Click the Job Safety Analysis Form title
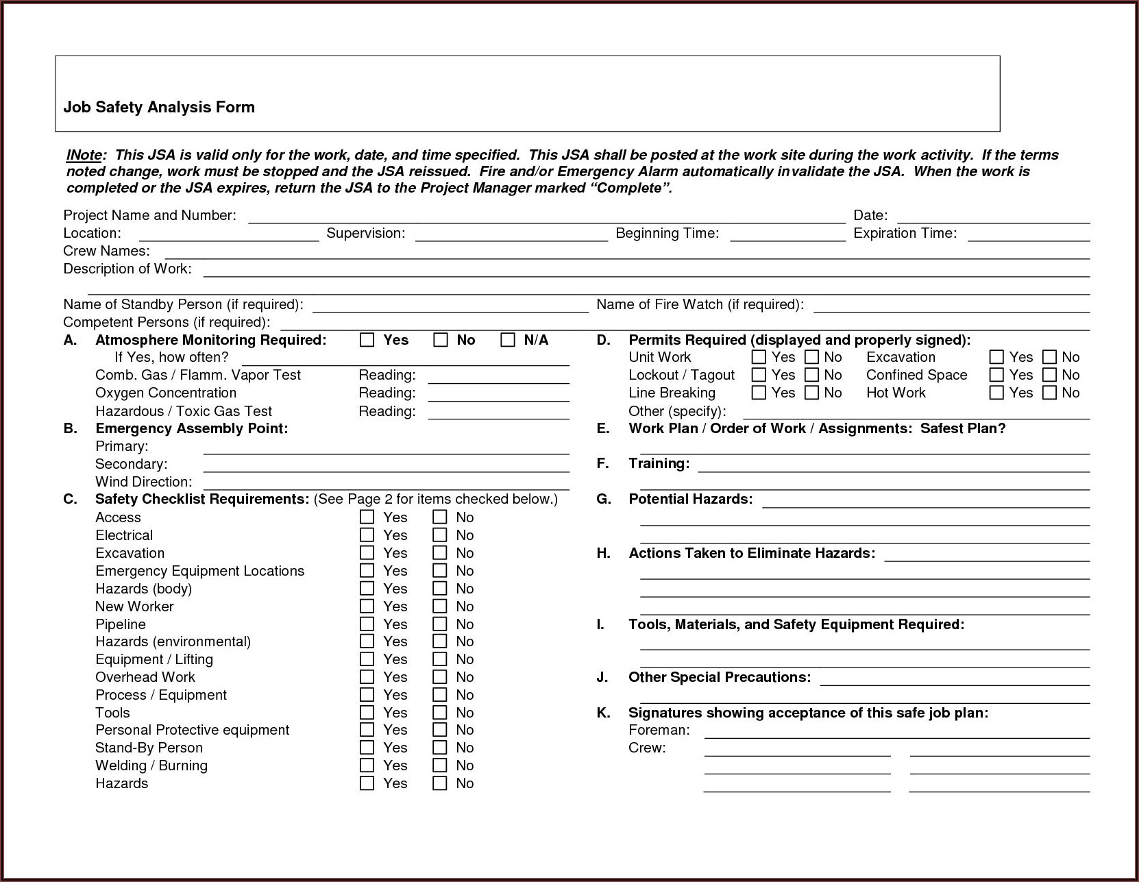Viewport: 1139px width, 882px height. point(159,107)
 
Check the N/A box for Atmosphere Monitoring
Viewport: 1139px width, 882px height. point(508,340)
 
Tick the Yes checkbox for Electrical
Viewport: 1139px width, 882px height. point(367,535)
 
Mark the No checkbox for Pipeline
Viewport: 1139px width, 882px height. point(440,624)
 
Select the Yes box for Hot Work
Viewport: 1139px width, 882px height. point(996,393)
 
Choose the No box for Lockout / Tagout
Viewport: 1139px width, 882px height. point(812,375)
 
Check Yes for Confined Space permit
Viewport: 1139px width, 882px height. point(996,375)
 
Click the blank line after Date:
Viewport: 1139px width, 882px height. point(993,218)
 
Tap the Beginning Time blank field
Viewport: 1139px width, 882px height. point(787,236)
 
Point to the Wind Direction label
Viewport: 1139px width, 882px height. point(143,482)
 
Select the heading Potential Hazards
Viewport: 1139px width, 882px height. point(690,499)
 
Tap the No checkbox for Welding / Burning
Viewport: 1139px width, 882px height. point(440,765)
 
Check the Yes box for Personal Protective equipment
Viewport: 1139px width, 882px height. point(367,730)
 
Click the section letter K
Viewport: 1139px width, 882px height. point(603,713)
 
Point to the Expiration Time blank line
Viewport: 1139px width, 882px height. point(1028,236)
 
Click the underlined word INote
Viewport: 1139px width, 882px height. point(84,155)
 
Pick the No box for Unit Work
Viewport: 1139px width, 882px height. point(812,357)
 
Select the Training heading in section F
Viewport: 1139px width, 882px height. point(659,463)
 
